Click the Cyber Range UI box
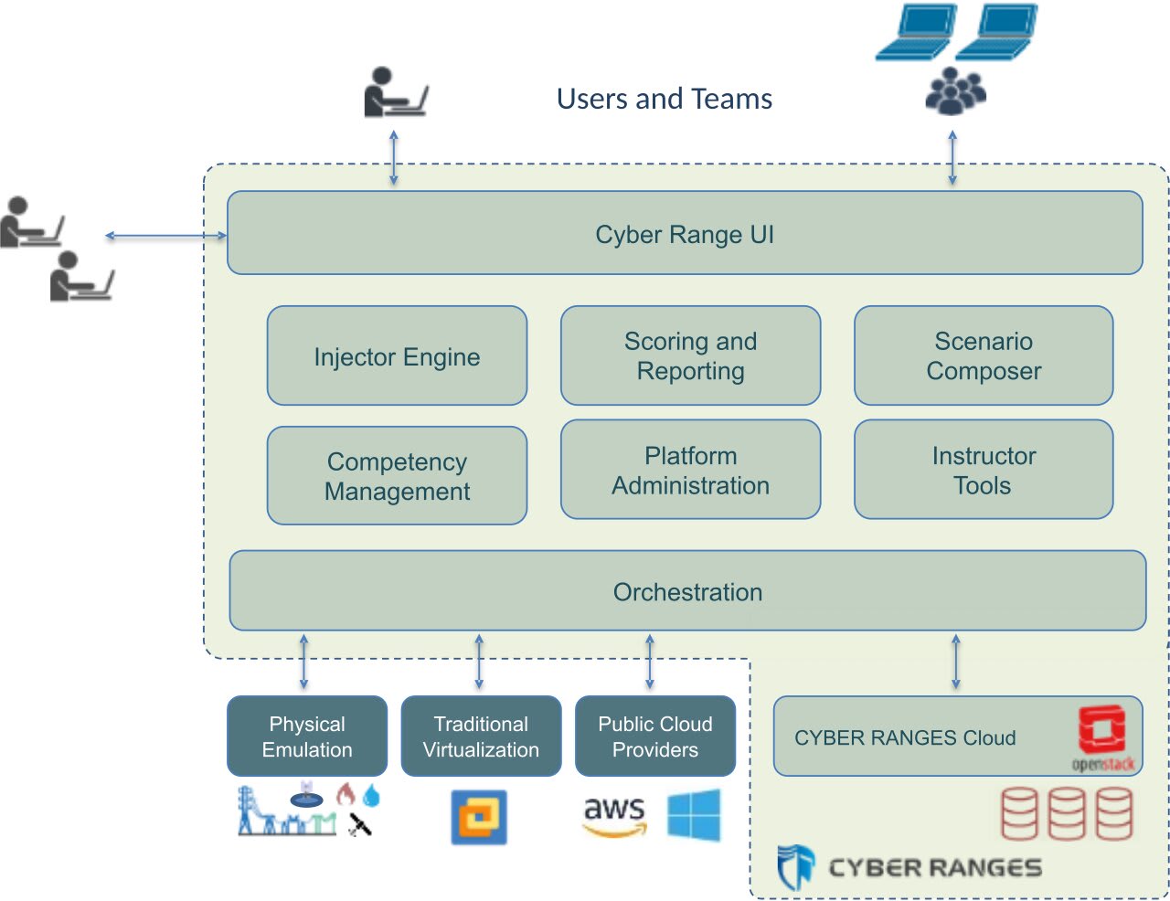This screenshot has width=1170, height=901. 685,234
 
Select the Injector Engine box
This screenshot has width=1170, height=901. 397,356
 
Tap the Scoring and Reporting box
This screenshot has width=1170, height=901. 690,356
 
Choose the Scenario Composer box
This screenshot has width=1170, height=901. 984,356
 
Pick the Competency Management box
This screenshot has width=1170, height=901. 397,476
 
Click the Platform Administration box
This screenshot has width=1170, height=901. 690,470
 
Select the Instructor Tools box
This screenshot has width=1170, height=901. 984,470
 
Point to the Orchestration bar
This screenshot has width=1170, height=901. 687,591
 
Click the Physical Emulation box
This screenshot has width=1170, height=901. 307,737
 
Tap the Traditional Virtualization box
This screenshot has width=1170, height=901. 481,737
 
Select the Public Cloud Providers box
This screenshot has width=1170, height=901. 654,737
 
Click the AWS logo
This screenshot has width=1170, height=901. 614,815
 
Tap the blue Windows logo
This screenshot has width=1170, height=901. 694,815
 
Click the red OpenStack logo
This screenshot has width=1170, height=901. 1101,731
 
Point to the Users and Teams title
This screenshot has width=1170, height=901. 665,99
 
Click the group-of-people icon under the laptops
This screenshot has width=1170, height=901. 955,91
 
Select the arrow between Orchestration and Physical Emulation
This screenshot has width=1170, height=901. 303,662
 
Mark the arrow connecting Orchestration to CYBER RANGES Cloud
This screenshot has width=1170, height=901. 956,662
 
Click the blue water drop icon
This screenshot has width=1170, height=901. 371,795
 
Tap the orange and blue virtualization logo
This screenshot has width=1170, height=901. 479,817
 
